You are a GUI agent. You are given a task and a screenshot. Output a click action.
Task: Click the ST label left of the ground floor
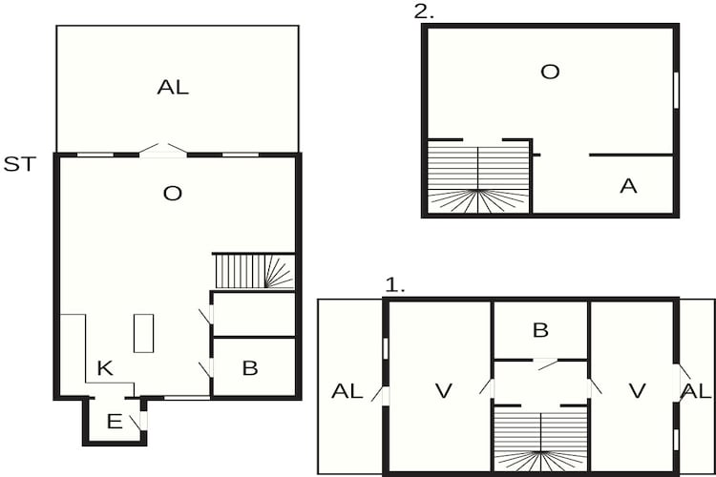[x=19, y=164]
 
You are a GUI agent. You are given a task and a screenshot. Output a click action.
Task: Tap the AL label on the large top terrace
[x=173, y=88]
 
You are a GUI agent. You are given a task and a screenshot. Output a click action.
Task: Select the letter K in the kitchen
[x=105, y=368]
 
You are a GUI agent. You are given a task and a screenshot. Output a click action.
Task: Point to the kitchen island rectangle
[x=143, y=333]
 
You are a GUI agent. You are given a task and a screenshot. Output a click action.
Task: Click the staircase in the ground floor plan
[x=253, y=271]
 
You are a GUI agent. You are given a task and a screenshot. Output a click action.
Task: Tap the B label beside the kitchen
[x=250, y=368]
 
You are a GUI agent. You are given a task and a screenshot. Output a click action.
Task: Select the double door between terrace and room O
[x=163, y=150]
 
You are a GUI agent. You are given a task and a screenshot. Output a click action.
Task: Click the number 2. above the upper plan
[x=423, y=11]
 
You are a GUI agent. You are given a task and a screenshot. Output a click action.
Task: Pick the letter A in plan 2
[x=628, y=186]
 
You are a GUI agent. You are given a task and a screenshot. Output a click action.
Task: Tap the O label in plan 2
[x=550, y=72]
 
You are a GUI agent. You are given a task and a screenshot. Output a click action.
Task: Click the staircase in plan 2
[x=477, y=177]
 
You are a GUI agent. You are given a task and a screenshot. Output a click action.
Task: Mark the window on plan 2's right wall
[x=676, y=91]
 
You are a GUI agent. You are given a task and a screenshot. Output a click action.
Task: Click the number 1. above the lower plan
[x=395, y=284]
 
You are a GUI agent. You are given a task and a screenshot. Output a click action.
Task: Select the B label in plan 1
[x=540, y=331]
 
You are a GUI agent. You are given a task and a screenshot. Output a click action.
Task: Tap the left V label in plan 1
[x=442, y=390]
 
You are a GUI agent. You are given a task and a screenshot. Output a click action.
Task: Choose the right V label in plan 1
[x=637, y=390]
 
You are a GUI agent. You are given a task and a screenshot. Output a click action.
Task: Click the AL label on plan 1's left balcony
[x=347, y=390]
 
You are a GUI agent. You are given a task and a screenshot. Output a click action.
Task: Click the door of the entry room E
[x=138, y=419]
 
